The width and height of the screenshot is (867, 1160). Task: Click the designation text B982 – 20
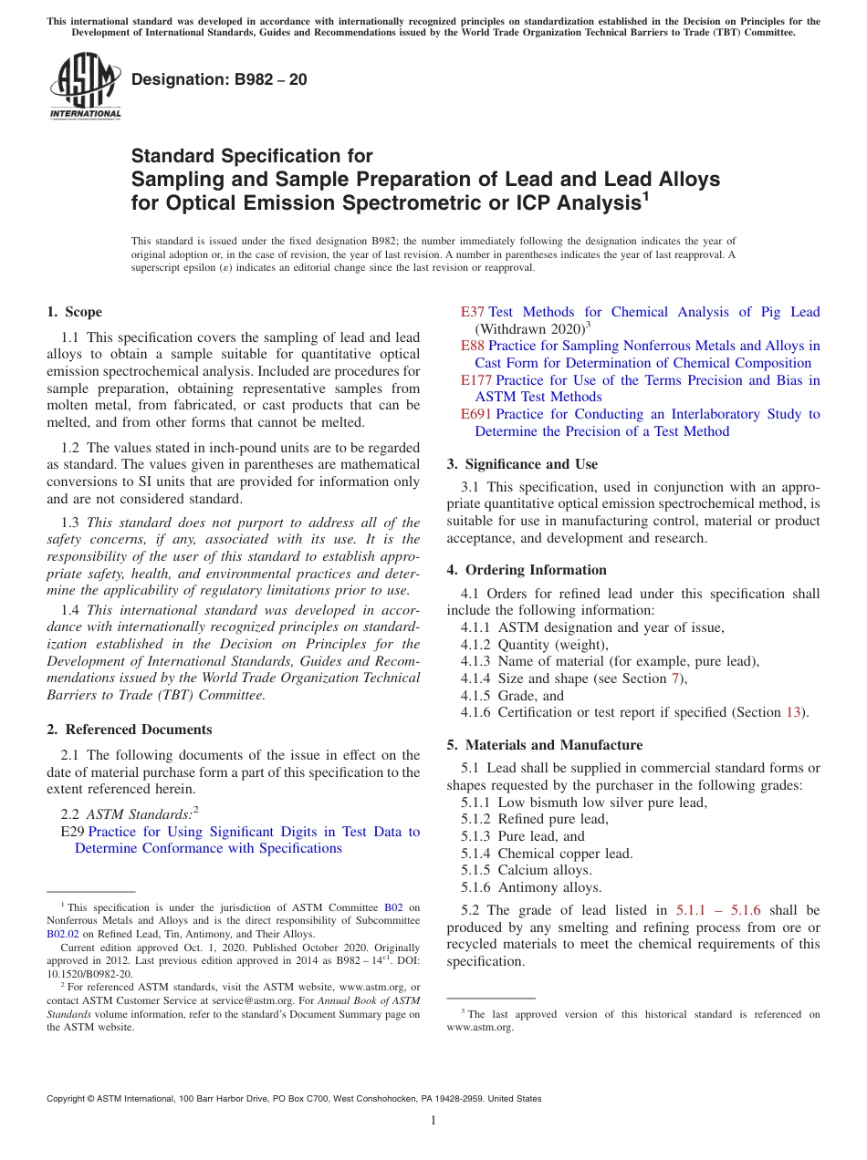pos(219,80)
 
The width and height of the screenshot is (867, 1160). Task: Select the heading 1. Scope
pos(74,312)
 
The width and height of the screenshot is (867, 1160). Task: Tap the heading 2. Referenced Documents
pos(129,730)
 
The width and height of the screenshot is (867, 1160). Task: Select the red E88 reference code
pos(473,346)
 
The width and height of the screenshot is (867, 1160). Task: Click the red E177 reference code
pos(476,380)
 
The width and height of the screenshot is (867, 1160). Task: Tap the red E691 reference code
pos(476,414)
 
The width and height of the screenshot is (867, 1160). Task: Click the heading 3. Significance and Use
pos(522,464)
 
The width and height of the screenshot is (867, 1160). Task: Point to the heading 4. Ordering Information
pos(527,570)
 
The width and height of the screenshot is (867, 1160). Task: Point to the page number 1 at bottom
pos(433,1120)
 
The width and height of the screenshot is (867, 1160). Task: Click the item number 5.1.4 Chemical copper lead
pos(477,854)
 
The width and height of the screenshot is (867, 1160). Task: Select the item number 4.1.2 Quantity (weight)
pos(477,644)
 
